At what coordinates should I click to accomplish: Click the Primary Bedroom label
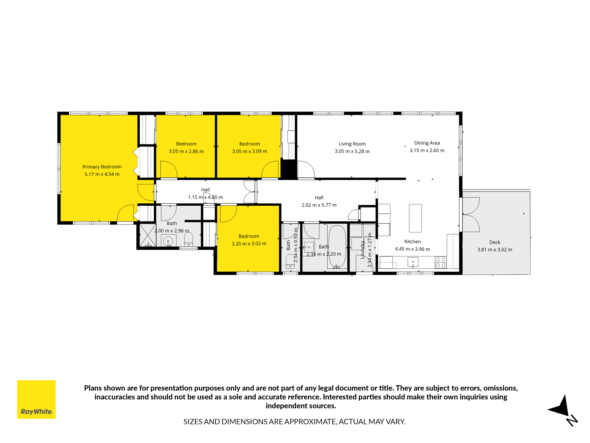(x=102, y=167)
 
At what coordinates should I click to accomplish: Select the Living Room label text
(x=352, y=144)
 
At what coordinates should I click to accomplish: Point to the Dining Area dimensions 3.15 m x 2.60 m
(x=427, y=150)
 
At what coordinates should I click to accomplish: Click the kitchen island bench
(x=415, y=218)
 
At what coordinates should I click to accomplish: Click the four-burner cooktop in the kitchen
(x=441, y=262)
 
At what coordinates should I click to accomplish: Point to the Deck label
(x=495, y=242)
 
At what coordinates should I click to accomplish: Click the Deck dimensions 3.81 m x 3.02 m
(x=495, y=250)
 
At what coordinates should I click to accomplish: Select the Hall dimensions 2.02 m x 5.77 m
(x=319, y=205)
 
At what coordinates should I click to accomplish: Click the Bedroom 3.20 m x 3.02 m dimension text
(x=249, y=244)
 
